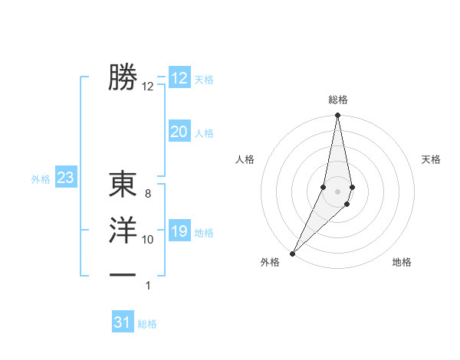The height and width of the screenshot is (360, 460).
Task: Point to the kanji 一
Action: click(x=123, y=274)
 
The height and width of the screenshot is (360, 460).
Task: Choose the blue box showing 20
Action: click(x=179, y=132)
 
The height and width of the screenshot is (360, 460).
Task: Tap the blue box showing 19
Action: click(x=179, y=231)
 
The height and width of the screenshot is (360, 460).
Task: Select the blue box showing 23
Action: click(x=65, y=178)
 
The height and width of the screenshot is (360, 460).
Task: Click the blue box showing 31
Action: click(x=123, y=322)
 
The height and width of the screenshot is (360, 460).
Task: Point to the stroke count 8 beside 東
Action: click(x=148, y=195)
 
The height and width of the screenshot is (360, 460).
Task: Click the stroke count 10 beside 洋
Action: click(x=148, y=240)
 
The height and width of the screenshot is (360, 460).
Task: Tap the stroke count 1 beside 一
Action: click(x=148, y=286)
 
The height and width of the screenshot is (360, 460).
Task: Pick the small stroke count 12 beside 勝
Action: click(x=148, y=87)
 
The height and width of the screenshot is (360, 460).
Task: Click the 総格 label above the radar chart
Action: click(x=337, y=100)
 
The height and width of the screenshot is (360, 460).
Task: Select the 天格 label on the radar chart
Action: click(x=432, y=159)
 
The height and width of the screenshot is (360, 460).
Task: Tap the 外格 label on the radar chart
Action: click(x=270, y=262)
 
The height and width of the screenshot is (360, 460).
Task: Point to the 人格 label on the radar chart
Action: click(x=245, y=159)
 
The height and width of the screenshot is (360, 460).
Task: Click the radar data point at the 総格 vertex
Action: click(x=337, y=116)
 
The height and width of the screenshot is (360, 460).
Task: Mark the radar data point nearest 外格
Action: click(x=293, y=253)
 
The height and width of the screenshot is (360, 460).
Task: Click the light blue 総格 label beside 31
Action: click(x=147, y=324)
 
